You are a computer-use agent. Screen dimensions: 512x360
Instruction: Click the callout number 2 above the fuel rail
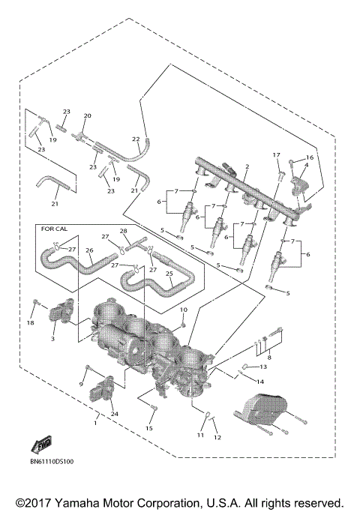(247, 166)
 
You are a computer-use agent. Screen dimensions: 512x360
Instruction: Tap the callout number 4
(305, 166)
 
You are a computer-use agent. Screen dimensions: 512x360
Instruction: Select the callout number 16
(308, 158)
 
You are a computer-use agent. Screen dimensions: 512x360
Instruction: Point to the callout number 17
(276, 155)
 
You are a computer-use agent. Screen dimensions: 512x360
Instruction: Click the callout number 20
(87, 116)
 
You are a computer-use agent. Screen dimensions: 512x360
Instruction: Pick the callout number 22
(136, 139)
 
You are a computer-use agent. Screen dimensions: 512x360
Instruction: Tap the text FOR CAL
(54, 228)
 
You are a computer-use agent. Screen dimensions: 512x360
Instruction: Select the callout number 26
(89, 251)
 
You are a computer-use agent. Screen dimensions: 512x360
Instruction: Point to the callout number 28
(124, 231)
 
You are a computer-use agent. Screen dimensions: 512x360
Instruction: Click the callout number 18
(31, 323)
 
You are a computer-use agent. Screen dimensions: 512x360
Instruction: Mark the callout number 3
(53, 340)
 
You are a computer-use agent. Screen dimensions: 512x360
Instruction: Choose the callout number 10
(184, 310)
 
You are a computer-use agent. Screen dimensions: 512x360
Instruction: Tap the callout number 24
(115, 413)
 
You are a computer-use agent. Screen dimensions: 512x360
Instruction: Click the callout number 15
(149, 428)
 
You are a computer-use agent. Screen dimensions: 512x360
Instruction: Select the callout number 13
(262, 367)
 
